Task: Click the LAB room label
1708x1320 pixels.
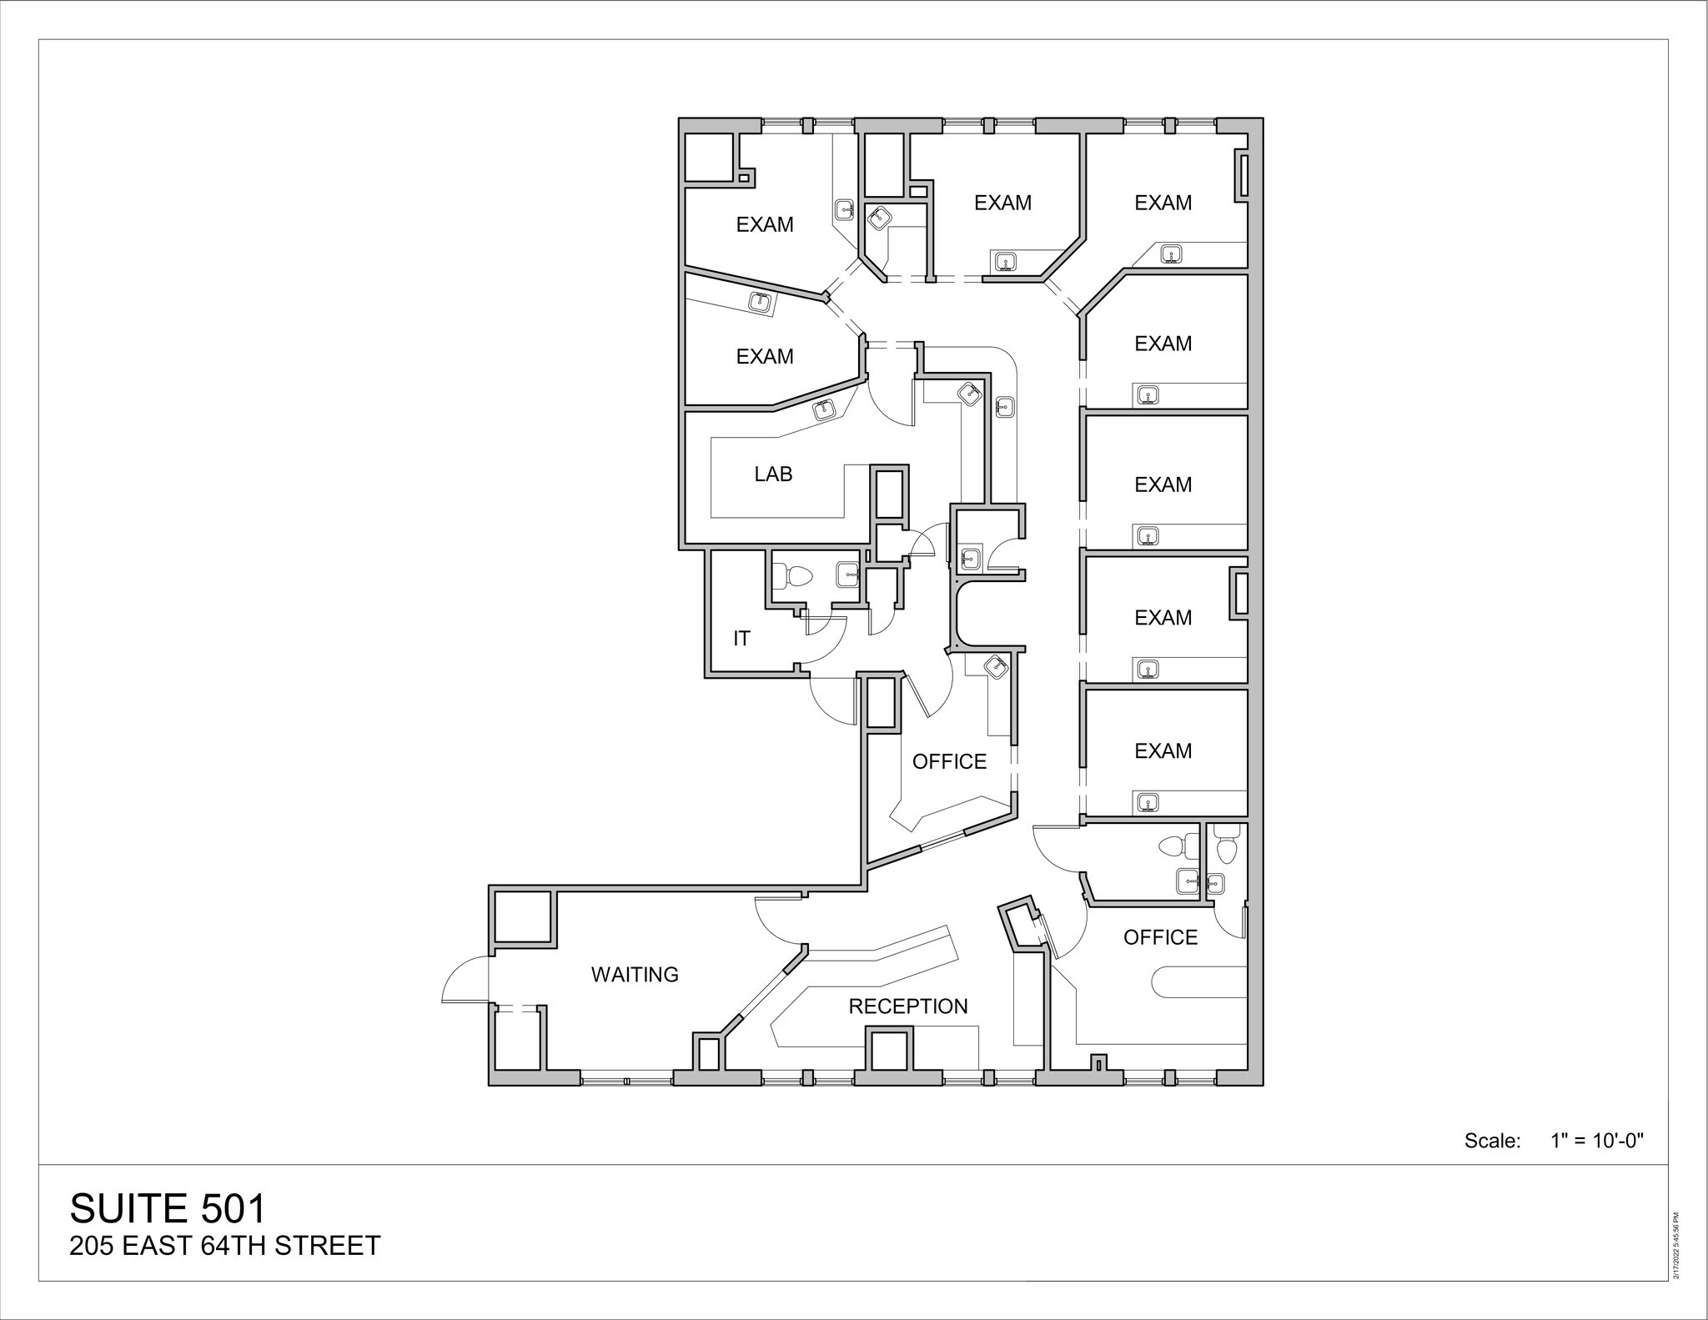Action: pos(773,474)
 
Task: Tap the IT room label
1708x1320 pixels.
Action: pos(741,639)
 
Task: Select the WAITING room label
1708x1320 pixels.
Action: pos(635,974)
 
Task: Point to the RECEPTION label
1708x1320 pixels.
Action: pos(908,1006)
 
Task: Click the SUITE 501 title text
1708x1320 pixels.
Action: pos(169,1208)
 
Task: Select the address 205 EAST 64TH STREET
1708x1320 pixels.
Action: pos(225,1246)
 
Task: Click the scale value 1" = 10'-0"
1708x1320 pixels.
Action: pos(1596,1141)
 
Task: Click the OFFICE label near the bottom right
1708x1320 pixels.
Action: pos(1160,937)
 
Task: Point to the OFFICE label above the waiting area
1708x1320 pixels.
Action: pos(949,761)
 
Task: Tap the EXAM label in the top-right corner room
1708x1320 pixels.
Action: pos(1163,203)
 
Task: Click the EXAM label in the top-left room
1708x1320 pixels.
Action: pos(765,224)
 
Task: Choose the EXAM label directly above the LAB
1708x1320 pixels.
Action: pos(765,357)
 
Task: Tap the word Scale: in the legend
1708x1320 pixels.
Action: pos(1493,1141)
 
